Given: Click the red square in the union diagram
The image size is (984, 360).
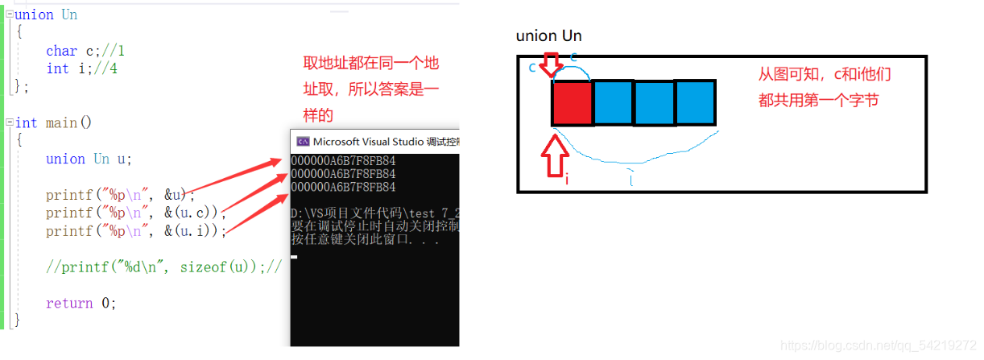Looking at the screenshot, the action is click(x=572, y=102).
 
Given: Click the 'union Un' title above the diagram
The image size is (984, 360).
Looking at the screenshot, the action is click(x=548, y=36).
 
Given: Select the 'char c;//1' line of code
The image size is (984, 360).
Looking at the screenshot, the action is click(x=85, y=51).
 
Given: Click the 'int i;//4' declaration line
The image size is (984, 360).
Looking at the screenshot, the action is click(x=81, y=69).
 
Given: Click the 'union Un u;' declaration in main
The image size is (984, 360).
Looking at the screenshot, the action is click(x=89, y=159).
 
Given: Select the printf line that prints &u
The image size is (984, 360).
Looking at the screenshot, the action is click(x=120, y=195).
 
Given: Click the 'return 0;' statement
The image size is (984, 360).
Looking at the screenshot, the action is click(x=81, y=303).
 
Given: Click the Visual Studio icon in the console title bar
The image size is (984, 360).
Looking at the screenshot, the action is click(x=303, y=141).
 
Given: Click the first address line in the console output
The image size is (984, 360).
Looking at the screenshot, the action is click(x=343, y=161).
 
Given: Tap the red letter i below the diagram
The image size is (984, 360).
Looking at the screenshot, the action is click(x=566, y=180).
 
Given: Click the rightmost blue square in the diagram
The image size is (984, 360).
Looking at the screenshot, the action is click(x=694, y=102).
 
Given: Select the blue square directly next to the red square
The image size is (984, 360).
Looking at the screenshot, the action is click(x=614, y=102).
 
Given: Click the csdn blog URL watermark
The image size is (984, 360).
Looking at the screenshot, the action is click(x=878, y=346).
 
